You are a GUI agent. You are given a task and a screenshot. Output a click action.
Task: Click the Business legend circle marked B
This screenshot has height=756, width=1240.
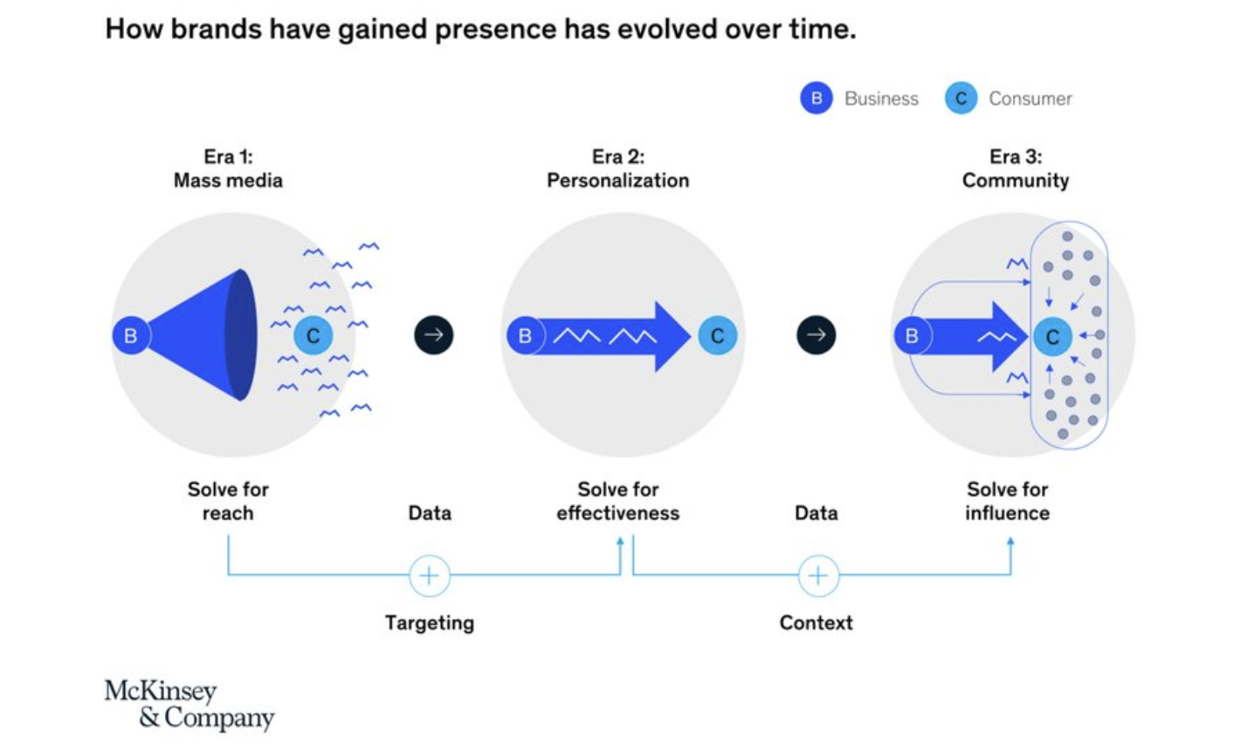pos(816,99)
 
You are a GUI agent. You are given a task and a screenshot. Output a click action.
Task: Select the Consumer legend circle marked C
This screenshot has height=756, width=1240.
pos(961,99)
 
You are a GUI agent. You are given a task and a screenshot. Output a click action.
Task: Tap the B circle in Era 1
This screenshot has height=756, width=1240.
pos(131,335)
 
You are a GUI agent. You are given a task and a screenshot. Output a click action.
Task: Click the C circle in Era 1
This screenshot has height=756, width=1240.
pos(313,335)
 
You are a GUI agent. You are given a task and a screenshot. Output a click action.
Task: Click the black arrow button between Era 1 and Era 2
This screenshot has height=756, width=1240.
pos(434,334)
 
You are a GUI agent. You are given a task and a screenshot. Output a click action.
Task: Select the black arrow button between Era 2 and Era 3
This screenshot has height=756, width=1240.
pos(816,334)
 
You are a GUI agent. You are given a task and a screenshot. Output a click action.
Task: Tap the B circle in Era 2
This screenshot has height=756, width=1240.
pos(525,335)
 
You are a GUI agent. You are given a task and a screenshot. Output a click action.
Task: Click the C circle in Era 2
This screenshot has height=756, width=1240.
pos(717,335)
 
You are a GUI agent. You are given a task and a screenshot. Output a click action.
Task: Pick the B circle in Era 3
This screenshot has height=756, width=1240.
pos(912,335)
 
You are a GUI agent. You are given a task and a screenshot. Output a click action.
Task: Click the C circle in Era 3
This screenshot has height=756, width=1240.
pos(1052,337)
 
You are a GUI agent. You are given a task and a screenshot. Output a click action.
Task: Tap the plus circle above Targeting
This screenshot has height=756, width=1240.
pos(430,575)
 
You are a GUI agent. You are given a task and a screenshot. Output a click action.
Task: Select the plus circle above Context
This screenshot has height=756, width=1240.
pos(818,575)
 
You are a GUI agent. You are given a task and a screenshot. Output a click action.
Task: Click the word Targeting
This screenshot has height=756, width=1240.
pos(430,622)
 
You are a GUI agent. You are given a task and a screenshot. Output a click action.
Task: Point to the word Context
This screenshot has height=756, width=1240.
pos(816,622)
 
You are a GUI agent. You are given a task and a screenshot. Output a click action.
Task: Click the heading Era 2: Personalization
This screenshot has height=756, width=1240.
pos(618,168)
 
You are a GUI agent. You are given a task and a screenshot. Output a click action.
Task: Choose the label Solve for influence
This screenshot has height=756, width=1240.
pos(1007,501)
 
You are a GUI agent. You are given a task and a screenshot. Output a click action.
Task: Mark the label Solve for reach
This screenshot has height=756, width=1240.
pos(228,501)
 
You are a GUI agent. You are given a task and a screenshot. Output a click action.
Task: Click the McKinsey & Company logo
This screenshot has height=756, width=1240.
pos(189,704)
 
